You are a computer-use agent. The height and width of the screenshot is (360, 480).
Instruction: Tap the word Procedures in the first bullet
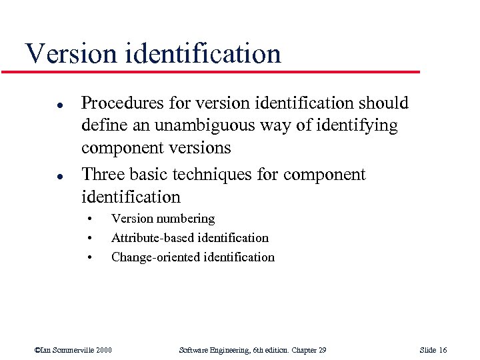point(121,103)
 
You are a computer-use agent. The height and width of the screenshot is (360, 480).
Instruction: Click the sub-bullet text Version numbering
point(163,219)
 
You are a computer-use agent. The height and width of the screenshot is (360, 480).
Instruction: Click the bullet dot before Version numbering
point(89,219)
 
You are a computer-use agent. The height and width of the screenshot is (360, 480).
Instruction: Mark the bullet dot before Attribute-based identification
point(89,239)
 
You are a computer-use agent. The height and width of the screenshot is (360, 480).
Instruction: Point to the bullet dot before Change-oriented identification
point(89,258)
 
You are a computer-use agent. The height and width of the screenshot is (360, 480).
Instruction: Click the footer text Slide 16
point(433,350)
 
